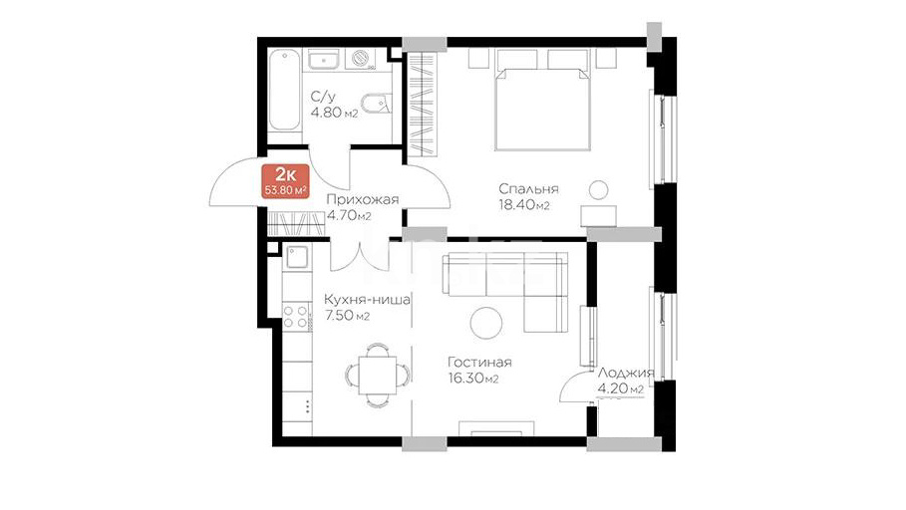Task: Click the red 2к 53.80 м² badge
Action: point(285,181)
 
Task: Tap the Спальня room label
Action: point(528,189)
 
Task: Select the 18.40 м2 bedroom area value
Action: point(523,205)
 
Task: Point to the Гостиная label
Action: point(479,363)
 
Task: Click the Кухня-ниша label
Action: point(367,301)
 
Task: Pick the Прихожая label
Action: point(362,200)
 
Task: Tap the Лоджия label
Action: point(626,374)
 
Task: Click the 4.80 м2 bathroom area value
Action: point(334,113)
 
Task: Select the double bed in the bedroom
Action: point(542,109)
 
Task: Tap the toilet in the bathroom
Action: point(378,104)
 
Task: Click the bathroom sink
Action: point(324,60)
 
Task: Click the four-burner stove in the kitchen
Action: point(296,317)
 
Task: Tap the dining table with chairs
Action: point(378,375)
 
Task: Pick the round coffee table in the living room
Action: point(486,323)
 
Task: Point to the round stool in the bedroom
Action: point(599,190)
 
